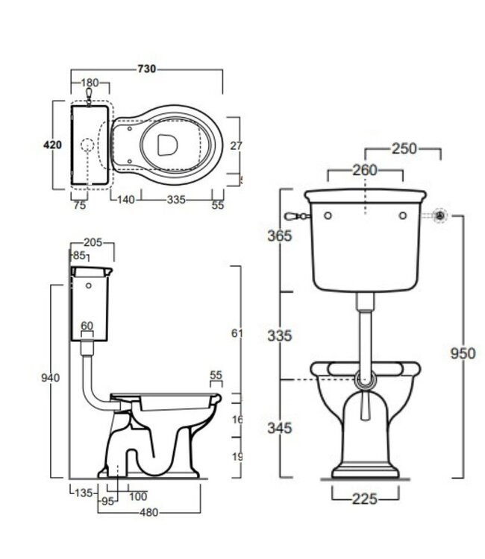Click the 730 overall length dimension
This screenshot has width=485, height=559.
(x=147, y=69)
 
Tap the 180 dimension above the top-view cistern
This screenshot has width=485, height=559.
(x=90, y=83)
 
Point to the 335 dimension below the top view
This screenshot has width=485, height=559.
(x=175, y=200)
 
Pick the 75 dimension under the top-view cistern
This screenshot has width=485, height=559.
(x=80, y=205)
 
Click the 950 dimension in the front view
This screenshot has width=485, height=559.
(x=462, y=353)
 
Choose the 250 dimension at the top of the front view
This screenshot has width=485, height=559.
(x=404, y=149)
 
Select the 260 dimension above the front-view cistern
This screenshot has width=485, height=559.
(x=364, y=171)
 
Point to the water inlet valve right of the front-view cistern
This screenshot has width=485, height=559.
(x=441, y=216)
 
